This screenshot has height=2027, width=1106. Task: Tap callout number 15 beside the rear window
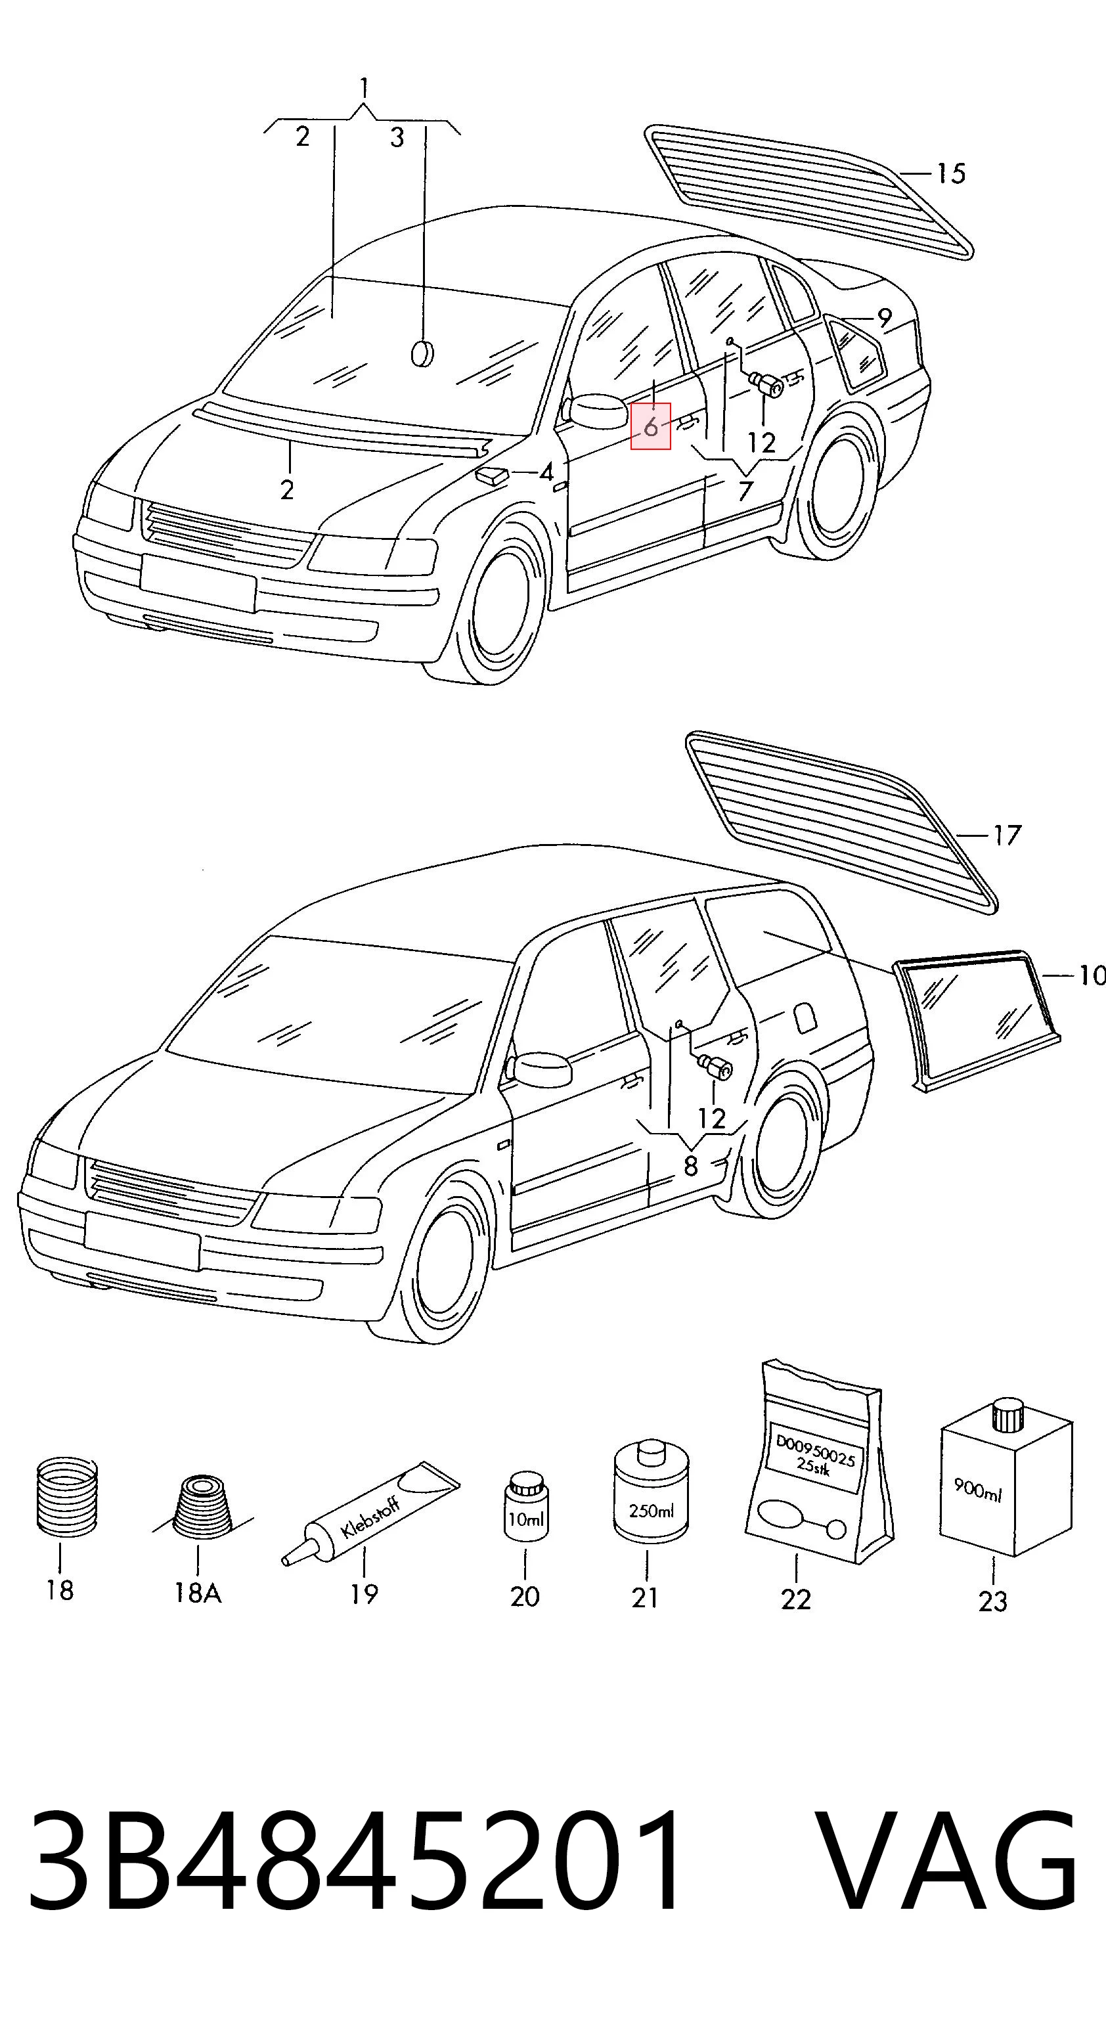[950, 173]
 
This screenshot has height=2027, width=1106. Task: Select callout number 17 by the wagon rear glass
[1006, 835]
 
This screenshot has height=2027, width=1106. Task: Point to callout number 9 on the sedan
[884, 319]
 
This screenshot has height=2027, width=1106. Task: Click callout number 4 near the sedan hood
[546, 473]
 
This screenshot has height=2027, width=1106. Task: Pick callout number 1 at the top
[363, 87]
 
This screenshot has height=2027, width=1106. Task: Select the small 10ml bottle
[525, 1507]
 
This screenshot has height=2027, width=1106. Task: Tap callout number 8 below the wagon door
[691, 1165]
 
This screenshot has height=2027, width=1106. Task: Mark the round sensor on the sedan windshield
[422, 353]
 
